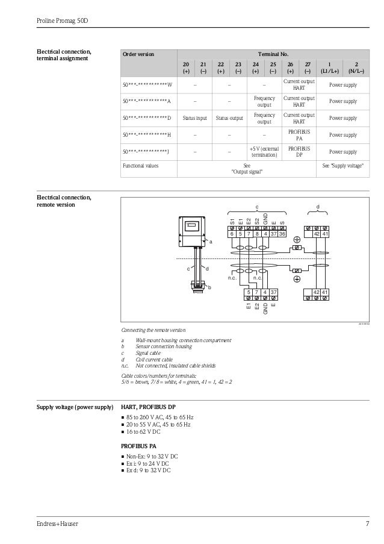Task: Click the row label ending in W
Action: [147, 85]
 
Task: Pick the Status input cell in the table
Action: [195, 118]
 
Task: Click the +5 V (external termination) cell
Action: [264, 152]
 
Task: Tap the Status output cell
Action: [229, 118]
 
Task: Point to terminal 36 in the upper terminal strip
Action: [282, 234]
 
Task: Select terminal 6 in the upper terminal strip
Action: [232, 234]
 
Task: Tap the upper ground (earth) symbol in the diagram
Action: [297, 240]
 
